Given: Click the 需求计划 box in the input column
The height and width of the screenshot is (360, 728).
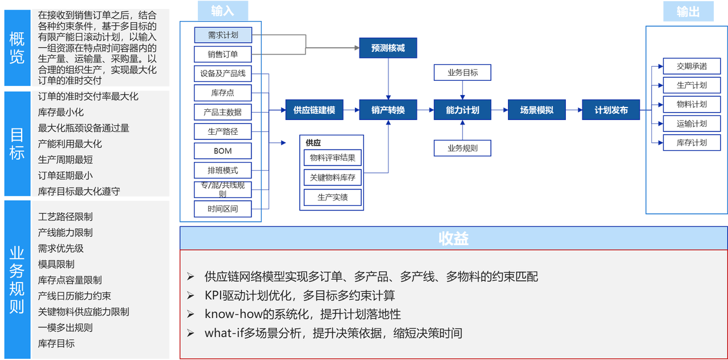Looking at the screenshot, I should pyautogui.click(x=222, y=35).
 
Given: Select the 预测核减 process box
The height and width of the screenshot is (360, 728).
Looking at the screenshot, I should pyautogui.click(x=388, y=48).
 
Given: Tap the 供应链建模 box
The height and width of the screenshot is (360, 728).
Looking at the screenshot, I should pyautogui.click(x=315, y=110).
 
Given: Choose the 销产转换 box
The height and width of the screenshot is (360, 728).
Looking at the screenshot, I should pyautogui.click(x=388, y=110).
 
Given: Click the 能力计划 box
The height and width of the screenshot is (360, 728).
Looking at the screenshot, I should pyautogui.click(x=462, y=110).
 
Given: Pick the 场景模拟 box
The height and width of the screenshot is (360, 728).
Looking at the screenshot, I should pyautogui.click(x=536, y=110).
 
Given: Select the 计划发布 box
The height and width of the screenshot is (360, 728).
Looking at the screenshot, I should pyautogui.click(x=611, y=110).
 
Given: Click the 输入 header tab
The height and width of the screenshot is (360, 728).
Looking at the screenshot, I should pyautogui.click(x=222, y=11).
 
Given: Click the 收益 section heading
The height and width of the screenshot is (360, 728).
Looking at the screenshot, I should pyautogui.click(x=453, y=238).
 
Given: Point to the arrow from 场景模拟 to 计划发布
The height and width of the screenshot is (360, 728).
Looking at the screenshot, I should pyautogui.click(x=573, y=110).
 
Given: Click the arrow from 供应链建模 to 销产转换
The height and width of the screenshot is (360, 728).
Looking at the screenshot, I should pyautogui.click(x=351, y=110).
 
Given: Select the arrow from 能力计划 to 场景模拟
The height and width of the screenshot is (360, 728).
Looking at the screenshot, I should pyautogui.click(x=499, y=110).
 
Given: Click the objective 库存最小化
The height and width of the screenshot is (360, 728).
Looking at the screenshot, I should pyautogui.click(x=61, y=112).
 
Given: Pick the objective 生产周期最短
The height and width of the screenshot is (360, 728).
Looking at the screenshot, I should pyautogui.click(x=65, y=159).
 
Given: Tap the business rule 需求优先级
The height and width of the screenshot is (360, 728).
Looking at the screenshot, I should pyautogui.click(x=61, y=248).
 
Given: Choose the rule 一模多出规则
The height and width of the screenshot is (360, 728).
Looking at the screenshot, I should pyautogui.click(x=65, y=328).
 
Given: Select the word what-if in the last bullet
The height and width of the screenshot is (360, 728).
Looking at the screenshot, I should pyautogui.click(x=222, y=333).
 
